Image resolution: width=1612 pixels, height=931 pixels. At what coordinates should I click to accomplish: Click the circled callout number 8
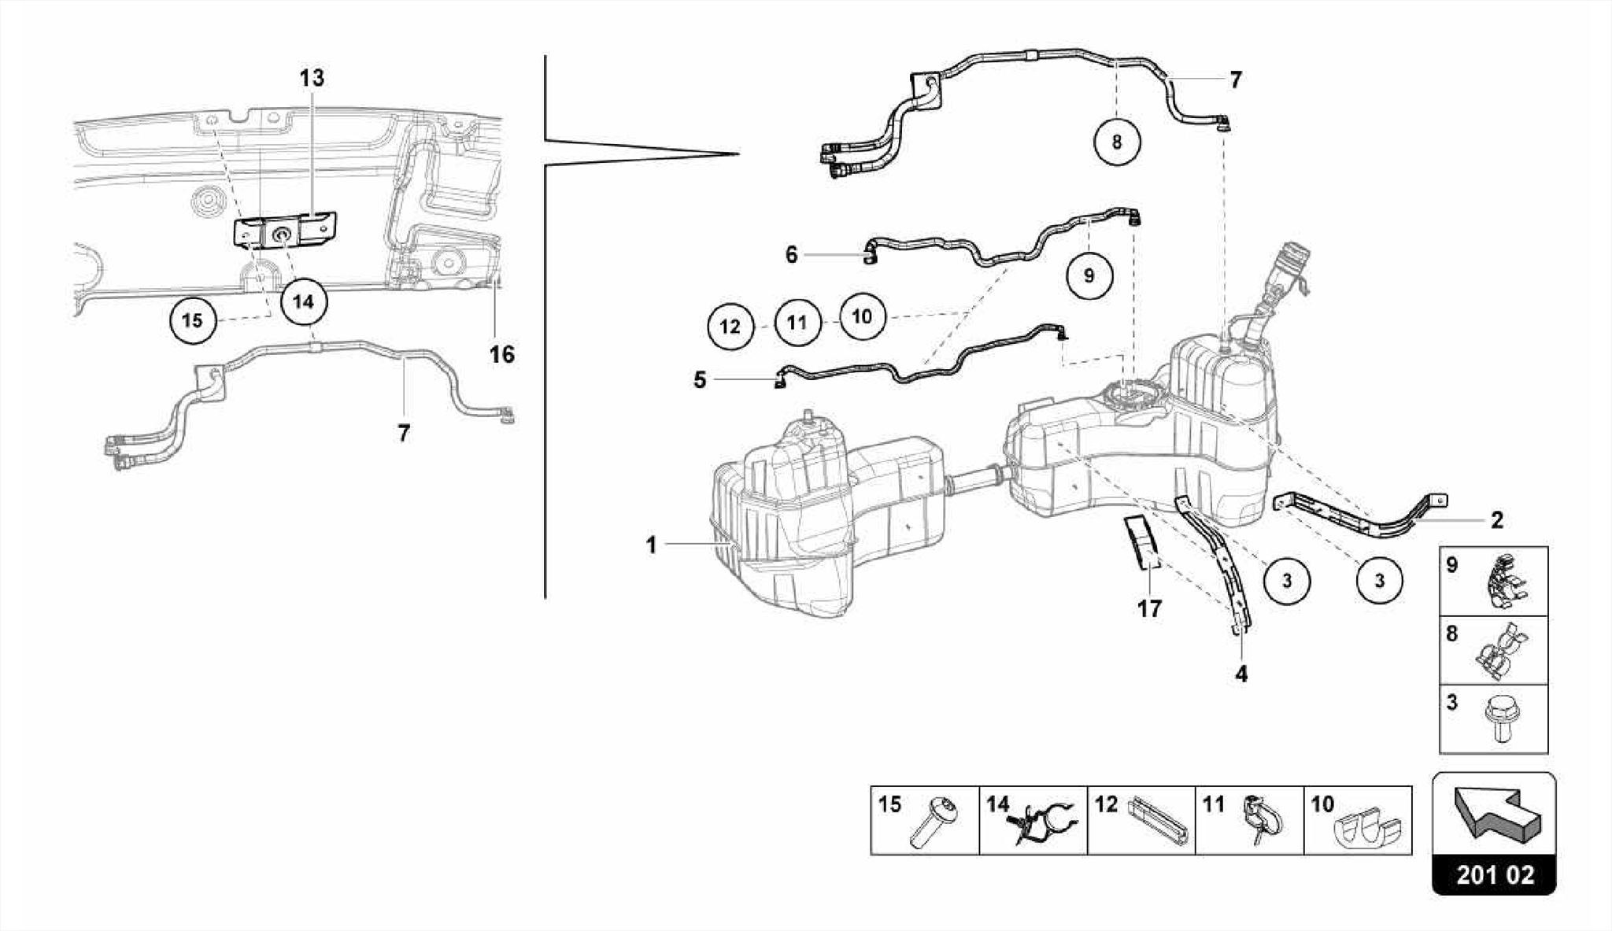tap(1116, 142)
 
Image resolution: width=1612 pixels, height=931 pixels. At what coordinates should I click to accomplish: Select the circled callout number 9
tap(1089, 275)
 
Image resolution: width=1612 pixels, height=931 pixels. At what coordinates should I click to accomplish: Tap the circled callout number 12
tap(730, 326)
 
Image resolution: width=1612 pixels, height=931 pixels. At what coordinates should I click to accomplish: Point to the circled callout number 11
tap(797, 323)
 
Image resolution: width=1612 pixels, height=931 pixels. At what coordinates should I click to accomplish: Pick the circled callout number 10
tap(862, 316)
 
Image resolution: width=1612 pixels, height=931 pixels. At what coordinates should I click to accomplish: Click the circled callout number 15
tap(192, 321)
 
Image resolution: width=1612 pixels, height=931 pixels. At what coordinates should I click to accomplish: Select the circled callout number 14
tap(304, 301)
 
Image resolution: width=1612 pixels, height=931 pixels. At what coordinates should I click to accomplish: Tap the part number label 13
tap(312, 78)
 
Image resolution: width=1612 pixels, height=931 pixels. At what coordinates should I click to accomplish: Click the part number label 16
tap(501, 355)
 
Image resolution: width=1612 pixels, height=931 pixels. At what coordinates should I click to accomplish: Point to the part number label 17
tap(1149, 608)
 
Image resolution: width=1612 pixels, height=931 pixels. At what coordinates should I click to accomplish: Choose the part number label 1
tap(651, 545)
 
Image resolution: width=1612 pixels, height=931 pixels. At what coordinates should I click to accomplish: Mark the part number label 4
tap(1241, 674)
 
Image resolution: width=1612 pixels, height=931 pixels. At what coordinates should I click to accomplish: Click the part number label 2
tap(1496, 520)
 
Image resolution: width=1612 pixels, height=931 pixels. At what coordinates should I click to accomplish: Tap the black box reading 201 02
tap(1494, 875)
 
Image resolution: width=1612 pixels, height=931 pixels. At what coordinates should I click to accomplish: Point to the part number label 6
tap(791, 254)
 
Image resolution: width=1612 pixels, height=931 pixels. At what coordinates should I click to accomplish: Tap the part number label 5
tap(700, 380)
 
